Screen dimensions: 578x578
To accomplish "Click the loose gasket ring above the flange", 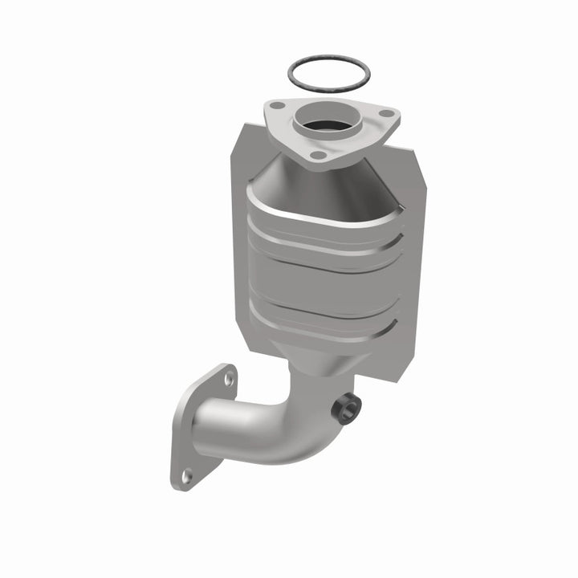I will pos(329,59).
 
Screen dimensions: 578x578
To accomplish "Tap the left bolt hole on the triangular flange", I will pos(278,104).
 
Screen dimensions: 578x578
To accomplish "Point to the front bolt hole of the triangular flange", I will pos(319,154).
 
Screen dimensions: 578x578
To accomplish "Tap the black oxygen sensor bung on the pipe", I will pos(344,409).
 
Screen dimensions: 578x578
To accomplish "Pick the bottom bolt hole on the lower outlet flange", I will pos(186,476).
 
